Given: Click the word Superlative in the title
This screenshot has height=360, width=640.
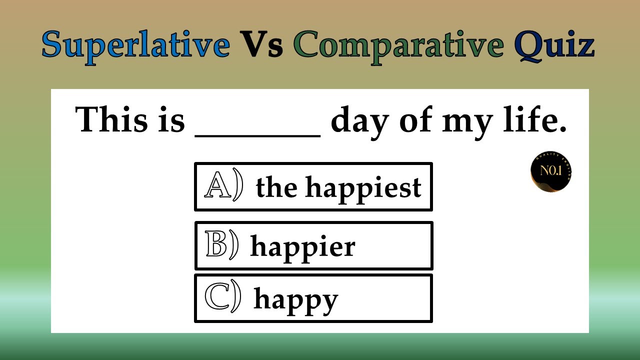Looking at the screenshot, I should tap(135, 45).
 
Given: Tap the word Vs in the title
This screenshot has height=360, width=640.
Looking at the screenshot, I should tap(262, 45).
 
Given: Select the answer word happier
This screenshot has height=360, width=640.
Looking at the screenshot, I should tap(302, 247).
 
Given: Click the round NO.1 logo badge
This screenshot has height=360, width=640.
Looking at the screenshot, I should tap(550, 172).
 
